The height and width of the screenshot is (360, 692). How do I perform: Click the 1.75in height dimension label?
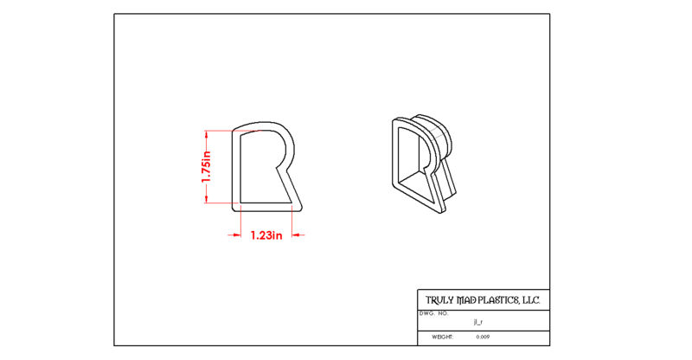[x=206, y=166]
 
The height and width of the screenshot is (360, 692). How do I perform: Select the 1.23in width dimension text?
[x=266, y=235]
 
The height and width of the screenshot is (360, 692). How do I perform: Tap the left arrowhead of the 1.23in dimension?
[x=237, y=235]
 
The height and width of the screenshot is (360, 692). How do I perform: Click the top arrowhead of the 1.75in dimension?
[x=206, y=134]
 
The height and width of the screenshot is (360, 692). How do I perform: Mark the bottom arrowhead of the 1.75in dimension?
[x=206, y=199]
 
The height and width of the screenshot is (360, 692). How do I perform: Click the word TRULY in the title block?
[x=439, y=300]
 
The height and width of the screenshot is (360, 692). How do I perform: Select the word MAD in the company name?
[x=466, y=300]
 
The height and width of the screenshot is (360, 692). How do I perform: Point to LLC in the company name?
[x=531, y=300]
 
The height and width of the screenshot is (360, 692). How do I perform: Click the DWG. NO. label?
[x=434, y=313]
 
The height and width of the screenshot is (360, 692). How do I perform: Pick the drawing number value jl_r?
[x=478, y=323]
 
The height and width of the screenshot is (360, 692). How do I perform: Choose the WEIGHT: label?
[x=442, y=337]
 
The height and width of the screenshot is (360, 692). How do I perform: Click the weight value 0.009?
[x=483, y=337]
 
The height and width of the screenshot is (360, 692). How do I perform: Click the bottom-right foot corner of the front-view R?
[x=301, y=208]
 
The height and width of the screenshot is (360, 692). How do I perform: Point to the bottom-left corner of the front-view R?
[x=234, y=209]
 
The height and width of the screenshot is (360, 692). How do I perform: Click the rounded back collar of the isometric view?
[x=441, y=132]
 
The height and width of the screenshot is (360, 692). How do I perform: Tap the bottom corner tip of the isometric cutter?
[x=440, y=212]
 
